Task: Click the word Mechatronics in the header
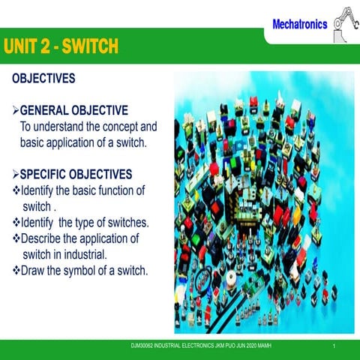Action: click(x=299, y=24)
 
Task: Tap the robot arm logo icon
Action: click(x=343, y=20)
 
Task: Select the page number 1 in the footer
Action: click(x=343, y=346)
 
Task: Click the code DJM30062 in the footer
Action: click(x=144, y=346)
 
